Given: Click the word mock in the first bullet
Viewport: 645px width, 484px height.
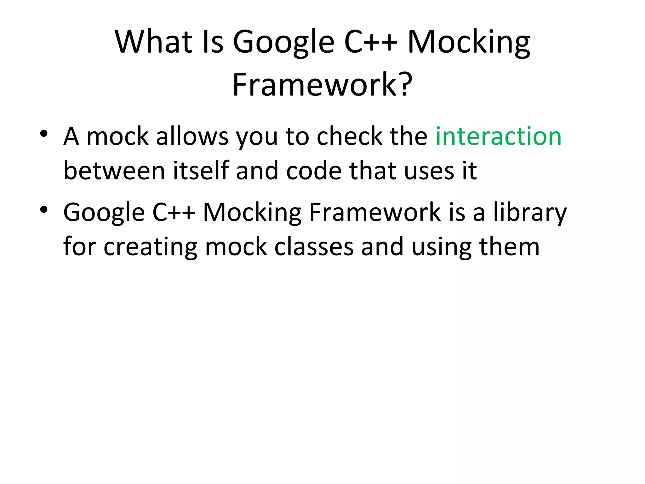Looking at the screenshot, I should click(117, 137).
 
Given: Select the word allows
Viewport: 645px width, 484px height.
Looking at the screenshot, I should click(192, 137).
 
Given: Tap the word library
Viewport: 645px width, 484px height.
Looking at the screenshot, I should click(530, 213).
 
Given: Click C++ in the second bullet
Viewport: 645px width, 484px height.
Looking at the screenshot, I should click(174, 212).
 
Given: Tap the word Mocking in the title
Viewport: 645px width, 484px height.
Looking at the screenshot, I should click(469, 43).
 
